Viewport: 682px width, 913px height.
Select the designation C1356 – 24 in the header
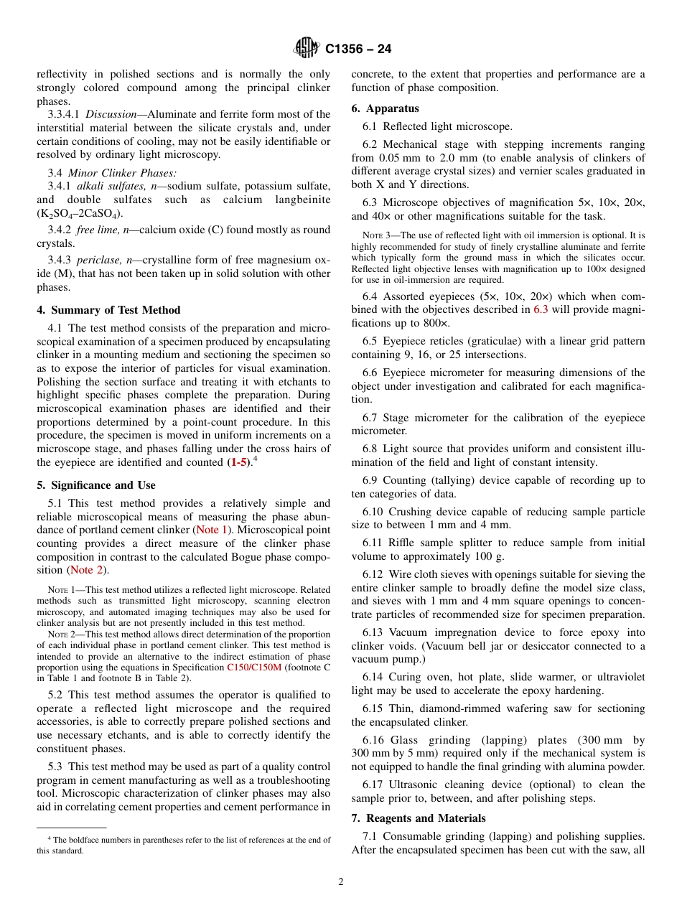[x=358, y=50]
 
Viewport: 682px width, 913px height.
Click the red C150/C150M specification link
[x=254, y=667]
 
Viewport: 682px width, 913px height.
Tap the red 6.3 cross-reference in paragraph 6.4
[x=540, y=310]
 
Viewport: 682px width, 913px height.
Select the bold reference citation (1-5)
[x=238, y=463]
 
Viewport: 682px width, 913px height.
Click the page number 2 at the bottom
[x=341, y=882]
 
